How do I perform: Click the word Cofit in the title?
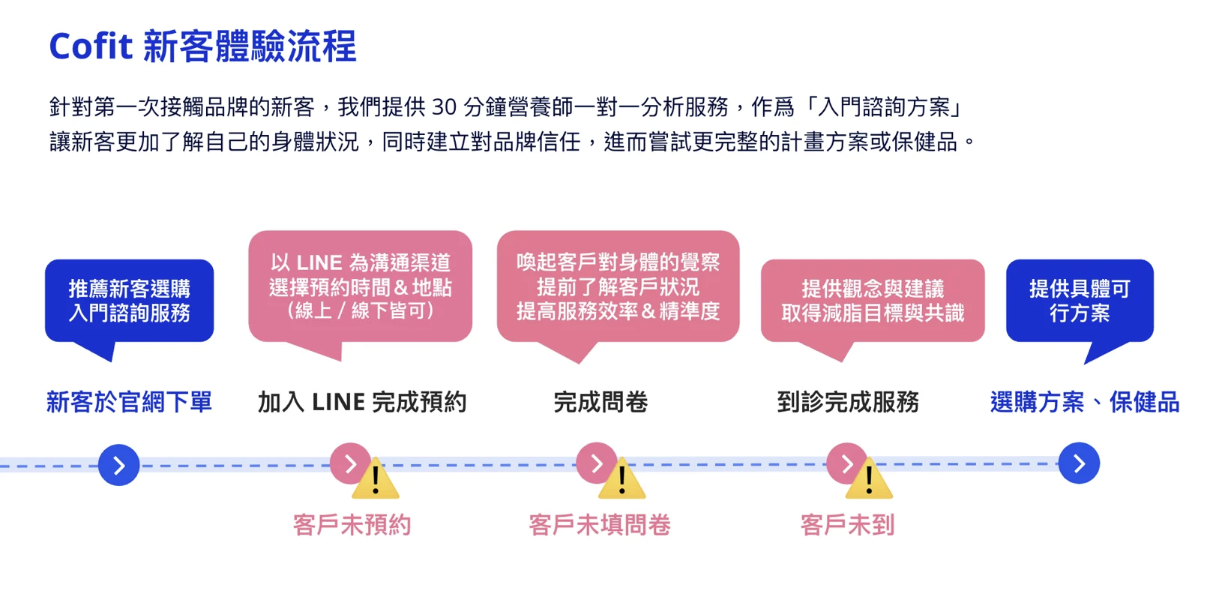pos(91,46)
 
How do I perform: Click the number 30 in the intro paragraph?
pos(444,107)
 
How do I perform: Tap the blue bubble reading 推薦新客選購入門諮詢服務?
pos(129,301)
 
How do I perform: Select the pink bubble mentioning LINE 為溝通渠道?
pos(360,286)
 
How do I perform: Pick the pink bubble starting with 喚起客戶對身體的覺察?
pos(618,286)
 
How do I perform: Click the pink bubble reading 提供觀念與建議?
pos(872,301)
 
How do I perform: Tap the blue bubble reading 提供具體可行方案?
pos(1079,301)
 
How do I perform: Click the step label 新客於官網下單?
pos(129,402)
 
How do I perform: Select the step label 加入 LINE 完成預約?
pos(361,402)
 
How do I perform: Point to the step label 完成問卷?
pos(601,402)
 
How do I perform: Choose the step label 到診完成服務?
pos(848,402)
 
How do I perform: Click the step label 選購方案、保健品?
pos(1084,402)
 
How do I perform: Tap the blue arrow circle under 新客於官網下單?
pos(119,466)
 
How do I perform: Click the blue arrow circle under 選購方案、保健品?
pos(1079,463)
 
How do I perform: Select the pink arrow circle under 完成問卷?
pos(595,463)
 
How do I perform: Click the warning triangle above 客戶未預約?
pos(376,482)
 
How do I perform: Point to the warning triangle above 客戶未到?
pos(869,482)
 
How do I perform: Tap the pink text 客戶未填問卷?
pos(600,525)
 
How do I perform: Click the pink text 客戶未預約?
pos(352,525)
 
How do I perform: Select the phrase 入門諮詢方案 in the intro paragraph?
pos(885,107)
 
